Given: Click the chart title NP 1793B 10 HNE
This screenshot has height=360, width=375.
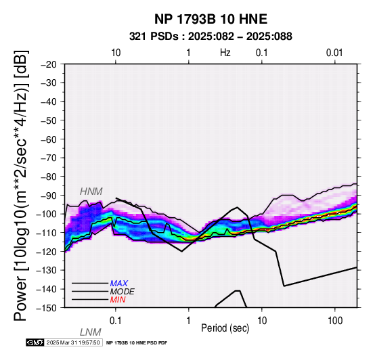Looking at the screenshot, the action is (211, 19).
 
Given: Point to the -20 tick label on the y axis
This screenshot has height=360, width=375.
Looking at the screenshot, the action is (49, 64).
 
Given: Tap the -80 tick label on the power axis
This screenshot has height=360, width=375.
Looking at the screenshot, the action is (49, 177).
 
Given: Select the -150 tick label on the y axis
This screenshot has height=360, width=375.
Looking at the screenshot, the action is (47, 308).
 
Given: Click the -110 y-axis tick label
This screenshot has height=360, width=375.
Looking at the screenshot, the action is (47, 233).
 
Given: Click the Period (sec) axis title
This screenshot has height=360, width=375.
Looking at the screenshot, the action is (225, 328).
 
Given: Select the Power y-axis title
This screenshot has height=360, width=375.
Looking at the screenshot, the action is (21, 185).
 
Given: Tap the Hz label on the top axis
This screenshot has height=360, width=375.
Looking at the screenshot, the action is (225, 53).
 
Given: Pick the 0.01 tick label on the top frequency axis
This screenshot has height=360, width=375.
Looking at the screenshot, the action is (334, 53).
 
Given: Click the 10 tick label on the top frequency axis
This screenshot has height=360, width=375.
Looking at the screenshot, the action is (116, 53).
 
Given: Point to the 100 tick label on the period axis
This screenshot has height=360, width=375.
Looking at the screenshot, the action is (335, 321).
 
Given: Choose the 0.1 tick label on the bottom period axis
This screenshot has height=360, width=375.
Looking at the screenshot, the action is (116, 321).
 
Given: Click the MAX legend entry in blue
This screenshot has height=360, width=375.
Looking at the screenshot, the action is (119, 284).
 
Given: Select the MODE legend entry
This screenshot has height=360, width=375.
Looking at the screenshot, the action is (123, 292).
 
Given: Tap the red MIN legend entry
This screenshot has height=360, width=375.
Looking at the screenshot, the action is (118, 300).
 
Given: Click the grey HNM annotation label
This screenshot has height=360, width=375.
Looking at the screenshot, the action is (91, 192).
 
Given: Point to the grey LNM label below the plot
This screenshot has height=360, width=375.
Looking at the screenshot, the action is (91, 332).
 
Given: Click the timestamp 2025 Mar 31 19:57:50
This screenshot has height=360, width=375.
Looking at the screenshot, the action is (73, 342).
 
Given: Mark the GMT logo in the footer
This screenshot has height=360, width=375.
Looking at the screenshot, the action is (35, 342).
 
